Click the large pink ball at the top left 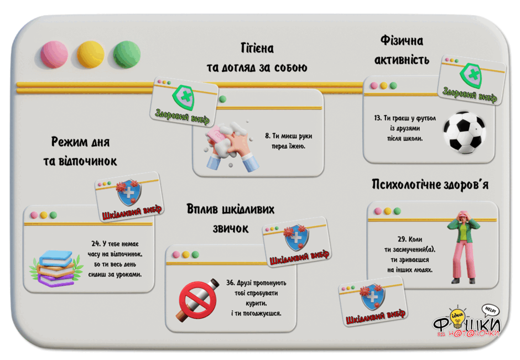tap(54, 54)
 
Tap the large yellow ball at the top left tap(90, 54)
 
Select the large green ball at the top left tap(127, 54)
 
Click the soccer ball tap(465, 133)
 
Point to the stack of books tap(56, 268)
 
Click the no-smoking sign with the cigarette tap(198, 300)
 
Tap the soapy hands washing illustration tap(228, 146)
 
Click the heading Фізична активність tap(402, 50)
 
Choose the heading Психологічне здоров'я tap(430, 184)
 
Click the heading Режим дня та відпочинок tap(80, 152)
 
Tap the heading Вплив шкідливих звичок tap(231, 219)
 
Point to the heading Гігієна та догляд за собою tap(257, 58)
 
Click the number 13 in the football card tap(377, 118)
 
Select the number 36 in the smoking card tap(231, 283)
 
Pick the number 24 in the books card tap(96, 244)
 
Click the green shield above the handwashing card tap(183, 98)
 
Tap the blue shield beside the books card tap(129, 192)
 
